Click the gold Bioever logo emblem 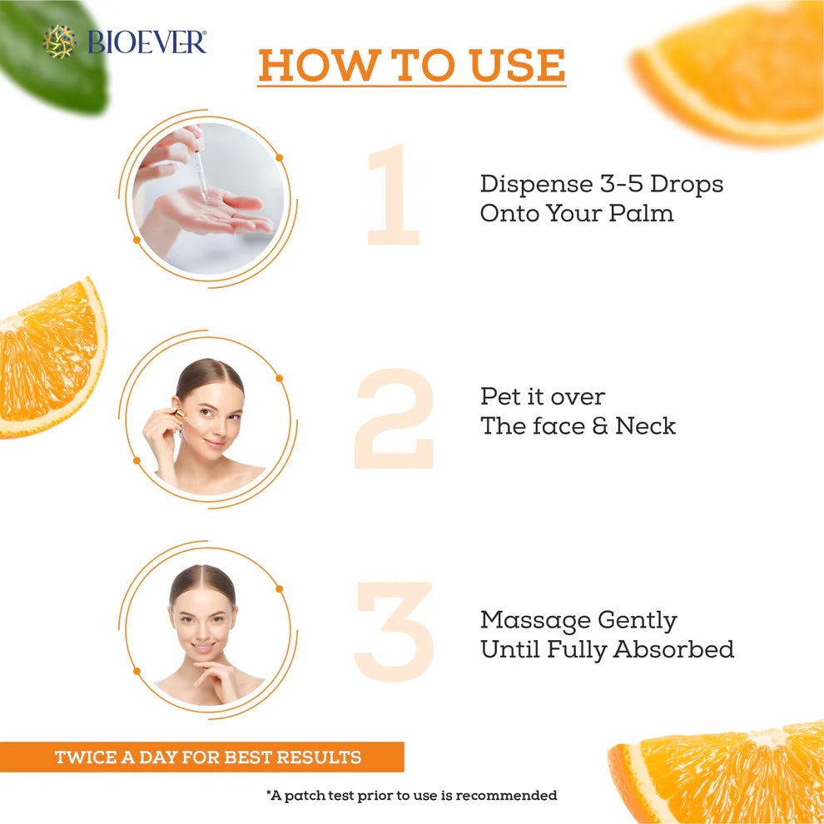point(59,42)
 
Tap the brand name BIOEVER point(147,42)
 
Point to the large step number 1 point(394,195)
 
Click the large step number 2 point(395,419)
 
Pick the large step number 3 point(395,632)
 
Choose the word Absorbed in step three point(673,649)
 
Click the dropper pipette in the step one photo point(199,168)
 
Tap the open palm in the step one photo point(211,213)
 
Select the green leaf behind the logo point(52,57)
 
